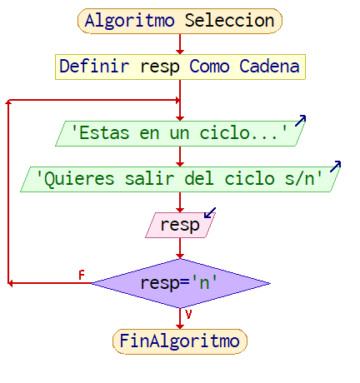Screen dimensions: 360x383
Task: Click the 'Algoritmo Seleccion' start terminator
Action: point(180,21)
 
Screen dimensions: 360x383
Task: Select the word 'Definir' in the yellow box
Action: point(94,67)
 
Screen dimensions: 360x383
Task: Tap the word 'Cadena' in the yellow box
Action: point(269,67)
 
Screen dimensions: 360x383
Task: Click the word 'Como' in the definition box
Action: point(209,67)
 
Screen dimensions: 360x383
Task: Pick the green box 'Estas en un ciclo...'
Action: point(180,133)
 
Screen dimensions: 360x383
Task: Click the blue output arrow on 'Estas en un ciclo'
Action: point(301,121)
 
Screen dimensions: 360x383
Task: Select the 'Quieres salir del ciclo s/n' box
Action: point(180,179)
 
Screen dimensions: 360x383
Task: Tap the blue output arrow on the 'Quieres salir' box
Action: point(336,167)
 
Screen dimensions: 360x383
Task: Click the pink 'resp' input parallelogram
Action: point(180,225)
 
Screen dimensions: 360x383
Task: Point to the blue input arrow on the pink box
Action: point(210,212)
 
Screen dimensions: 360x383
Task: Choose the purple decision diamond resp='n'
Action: point(180,283)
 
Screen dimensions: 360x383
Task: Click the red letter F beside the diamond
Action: point(82,275)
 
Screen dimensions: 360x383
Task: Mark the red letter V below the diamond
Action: point(188,315)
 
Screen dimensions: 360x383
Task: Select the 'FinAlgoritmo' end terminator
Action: point(180,341)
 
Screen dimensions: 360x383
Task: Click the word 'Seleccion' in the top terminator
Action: point(230,21)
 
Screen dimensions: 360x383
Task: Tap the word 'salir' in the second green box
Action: point(150,178)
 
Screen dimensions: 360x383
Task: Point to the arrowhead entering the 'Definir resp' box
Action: point(180,52)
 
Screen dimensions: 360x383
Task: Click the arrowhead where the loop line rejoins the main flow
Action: point(177,100)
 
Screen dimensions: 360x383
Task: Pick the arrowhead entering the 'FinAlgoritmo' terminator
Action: point(180,326)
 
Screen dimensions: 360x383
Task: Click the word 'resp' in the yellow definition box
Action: point(160,67)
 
